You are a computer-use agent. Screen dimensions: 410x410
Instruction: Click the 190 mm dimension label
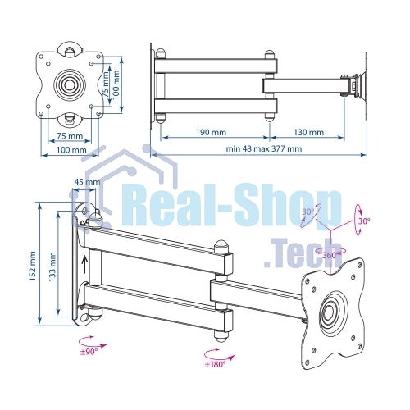pyautogui.click(x=211, y=132)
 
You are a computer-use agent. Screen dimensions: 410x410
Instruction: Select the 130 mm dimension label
pyautogui.click(x=309, y=132)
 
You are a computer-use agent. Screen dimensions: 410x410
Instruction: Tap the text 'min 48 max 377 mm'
pyautogui.click(x=264, y=148)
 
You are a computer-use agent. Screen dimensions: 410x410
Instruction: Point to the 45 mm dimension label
pyautogui.click(x=87, y=182)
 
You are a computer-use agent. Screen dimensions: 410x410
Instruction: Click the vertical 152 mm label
pyautogui.click(x=33, y=266)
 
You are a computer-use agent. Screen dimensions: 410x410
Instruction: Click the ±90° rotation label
pyautogui.click(x=89, y=352)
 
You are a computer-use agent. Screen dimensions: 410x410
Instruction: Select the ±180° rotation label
pyautogui.click(x=216, y=364)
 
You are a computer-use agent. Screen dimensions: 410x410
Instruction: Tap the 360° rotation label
pyautogui.click(x=330, y=255)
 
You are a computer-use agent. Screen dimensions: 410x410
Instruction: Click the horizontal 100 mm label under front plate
pyautogui.click(x=71, y=150)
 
